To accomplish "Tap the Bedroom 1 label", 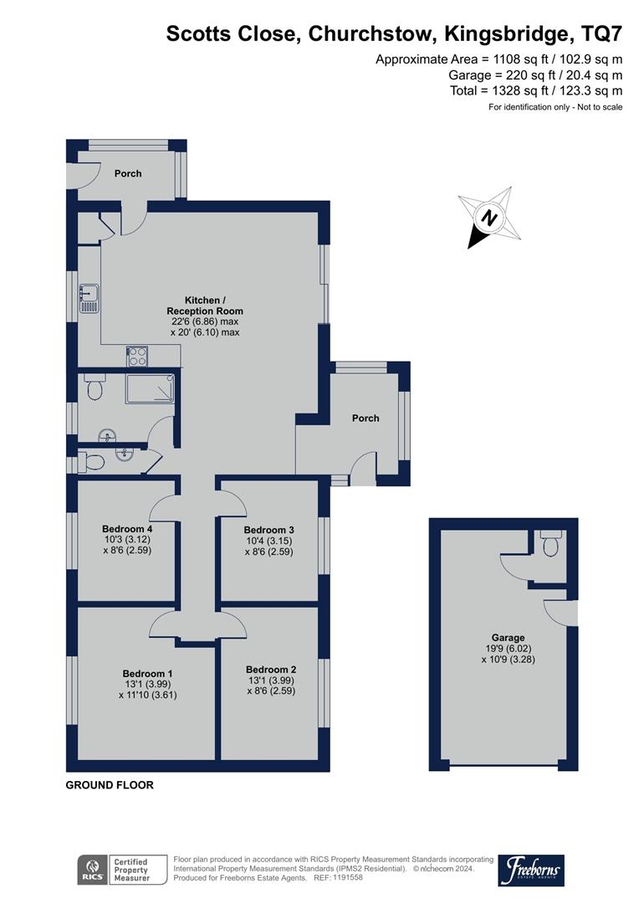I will pyautogui.click(x=148, y=673).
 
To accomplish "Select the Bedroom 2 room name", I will pyautogui.click(x=271, y=670).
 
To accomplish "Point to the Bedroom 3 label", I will pyautogui.click(x=269, y=530).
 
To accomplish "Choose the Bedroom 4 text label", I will pyautogui.click(x=127, y=528).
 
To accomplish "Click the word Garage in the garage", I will pyautogui.click(x=503, y=637).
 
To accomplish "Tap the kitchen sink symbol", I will pyautogui.click(x=89, y=297).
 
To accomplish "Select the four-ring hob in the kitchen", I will pyautogui.click(x=138, y=357).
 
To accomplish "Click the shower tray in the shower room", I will pyautogui.click(x=151, y=388).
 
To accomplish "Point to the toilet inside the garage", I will pyautogui.click(x=550, y=544).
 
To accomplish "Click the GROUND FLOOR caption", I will pyautogui.click(x=110, y=785).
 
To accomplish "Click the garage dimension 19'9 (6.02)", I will pyautogui.click(x=502, y=648).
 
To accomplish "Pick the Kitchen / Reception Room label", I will pyautogui.click(x=205, y=306).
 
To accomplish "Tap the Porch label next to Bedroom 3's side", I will pyautogui.click(x=366, y=418).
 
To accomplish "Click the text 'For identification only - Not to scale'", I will pyautogui.click(x=555, y=107).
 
